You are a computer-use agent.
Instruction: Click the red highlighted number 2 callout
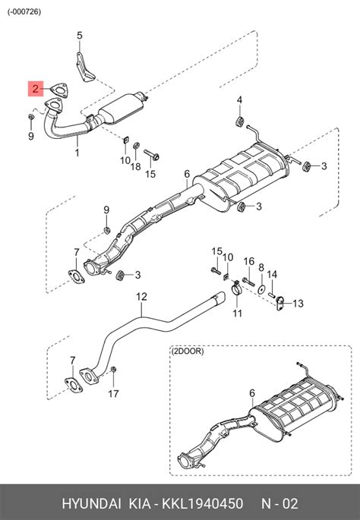tap(36, 89)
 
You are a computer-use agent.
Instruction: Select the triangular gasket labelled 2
tap(59, 90)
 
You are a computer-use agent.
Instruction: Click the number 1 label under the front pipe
tap(77, 153)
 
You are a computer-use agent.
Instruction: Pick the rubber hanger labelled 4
tap(239, 121)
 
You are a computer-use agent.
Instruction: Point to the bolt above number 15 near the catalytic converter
tap(152, 155)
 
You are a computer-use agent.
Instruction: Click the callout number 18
tap(135, 166)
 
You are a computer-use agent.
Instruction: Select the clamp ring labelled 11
tap(236, 289)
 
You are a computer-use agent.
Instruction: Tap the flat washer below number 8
tap(261, 289)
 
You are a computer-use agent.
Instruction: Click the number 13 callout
tap(298, 303)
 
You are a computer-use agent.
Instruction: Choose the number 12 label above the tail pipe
tap(141, 297)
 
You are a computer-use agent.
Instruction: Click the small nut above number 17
tap(113, 370)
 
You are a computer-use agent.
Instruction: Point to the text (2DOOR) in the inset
tap(188, 351)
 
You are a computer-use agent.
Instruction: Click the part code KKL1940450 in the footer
tap(202, 503)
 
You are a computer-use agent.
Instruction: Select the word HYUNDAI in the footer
tap(92, 503)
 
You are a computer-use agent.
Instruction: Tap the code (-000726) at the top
tap(24, 11)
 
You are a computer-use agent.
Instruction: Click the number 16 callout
tap(249, 261)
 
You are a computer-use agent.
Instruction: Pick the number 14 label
tap(272, 274)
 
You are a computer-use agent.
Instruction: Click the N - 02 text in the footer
tap(279, 503)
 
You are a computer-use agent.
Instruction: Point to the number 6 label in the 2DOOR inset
tap(252, 393)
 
